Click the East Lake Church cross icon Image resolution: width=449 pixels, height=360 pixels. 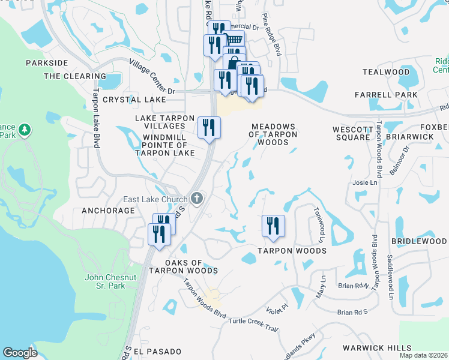click(196, 199)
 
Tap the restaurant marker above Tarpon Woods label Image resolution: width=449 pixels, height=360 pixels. click(273, 226)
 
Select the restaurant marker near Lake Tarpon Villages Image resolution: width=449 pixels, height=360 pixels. click(209, 127)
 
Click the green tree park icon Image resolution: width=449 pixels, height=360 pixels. click(25, 130)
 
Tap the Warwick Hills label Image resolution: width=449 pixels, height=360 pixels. click(377, 348)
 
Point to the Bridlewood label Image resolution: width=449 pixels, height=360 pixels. click(418, 241)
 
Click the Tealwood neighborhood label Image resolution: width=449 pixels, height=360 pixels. click(386, 72)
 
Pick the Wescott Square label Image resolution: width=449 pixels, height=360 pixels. click(351, 133)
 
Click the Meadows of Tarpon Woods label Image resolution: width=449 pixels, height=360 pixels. click(274, 134)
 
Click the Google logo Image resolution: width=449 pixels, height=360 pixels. click(20, 353)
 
